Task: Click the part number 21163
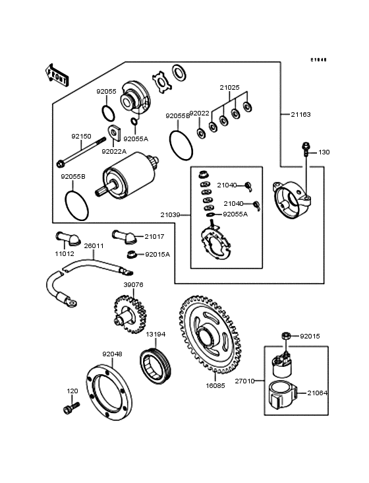pyautogui.click(x=300, y=114)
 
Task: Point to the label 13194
pyautogui.click(x=156, y=335)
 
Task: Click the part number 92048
pyautogui.click(x=112, y=354)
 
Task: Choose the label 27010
pyautogui.click(x=244, y=381)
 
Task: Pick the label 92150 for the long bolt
pyautogui.click(x=81, y=137)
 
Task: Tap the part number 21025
pyautogui.click(x=230, y=87)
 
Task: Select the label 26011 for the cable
pyautogui.click(x=94, y=245)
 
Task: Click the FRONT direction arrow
pyautogui.click(x=57, y=73)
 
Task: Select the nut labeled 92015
pyautogui.click(x=286, y=337)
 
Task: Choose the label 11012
pyautogui.click(x=64, y=253)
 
